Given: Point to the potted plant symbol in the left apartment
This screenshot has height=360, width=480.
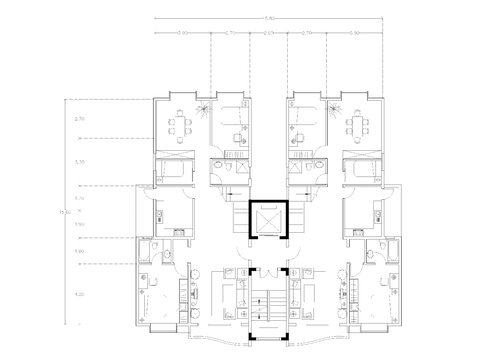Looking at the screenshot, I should pos(202,111).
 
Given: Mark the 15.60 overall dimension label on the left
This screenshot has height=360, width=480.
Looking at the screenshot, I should pos(68,211).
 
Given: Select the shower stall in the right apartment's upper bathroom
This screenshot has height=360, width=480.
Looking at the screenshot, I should pos(296,163).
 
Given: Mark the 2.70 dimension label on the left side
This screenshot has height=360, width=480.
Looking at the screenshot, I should pos(80,119).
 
